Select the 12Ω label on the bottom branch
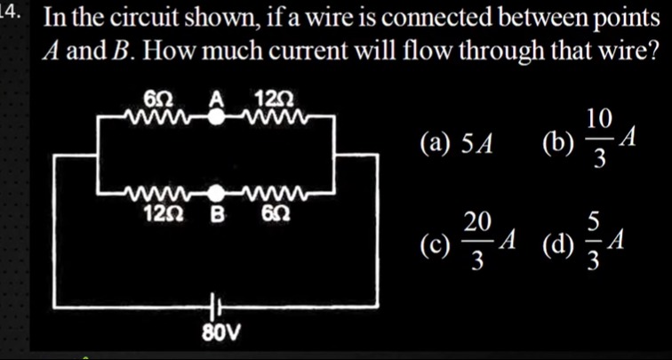pos(162,213)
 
